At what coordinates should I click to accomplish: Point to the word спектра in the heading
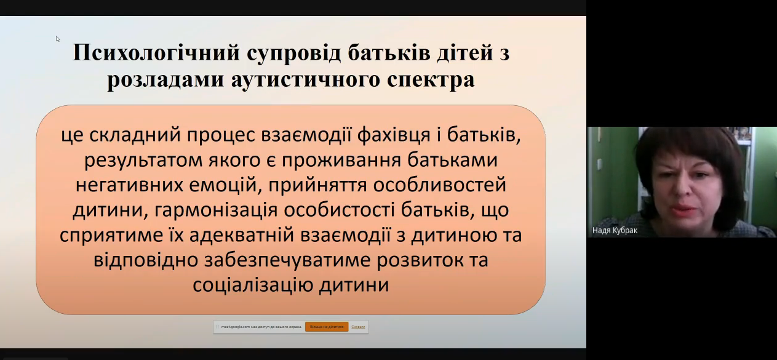[433, 81]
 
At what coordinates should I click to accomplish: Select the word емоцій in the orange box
[215, 185]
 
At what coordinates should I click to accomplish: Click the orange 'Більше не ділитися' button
[327, 327]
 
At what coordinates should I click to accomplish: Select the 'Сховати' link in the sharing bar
[359, 327]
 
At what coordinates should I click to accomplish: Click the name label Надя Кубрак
[614, 231]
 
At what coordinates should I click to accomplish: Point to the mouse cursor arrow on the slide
[58, 39]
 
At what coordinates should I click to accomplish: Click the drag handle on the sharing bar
[217, 327]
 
